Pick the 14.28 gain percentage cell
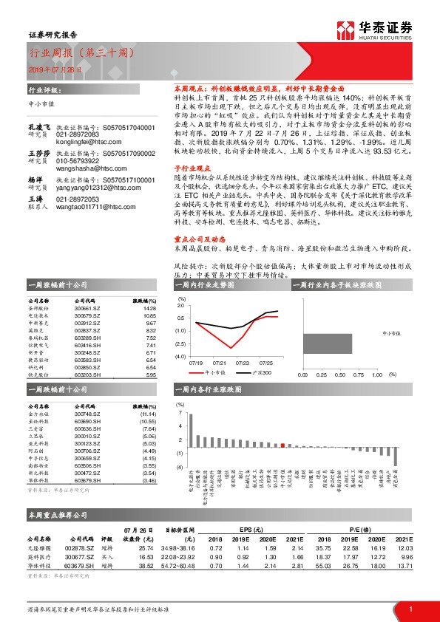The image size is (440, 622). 149,309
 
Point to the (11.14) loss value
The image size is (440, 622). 147,415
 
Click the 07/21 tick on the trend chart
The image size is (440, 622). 220,363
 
